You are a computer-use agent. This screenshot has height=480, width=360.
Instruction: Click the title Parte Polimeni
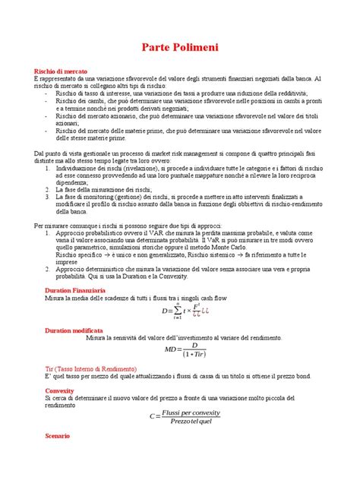click(180, 48)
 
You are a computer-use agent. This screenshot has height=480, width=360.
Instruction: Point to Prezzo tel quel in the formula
click(196, 422)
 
